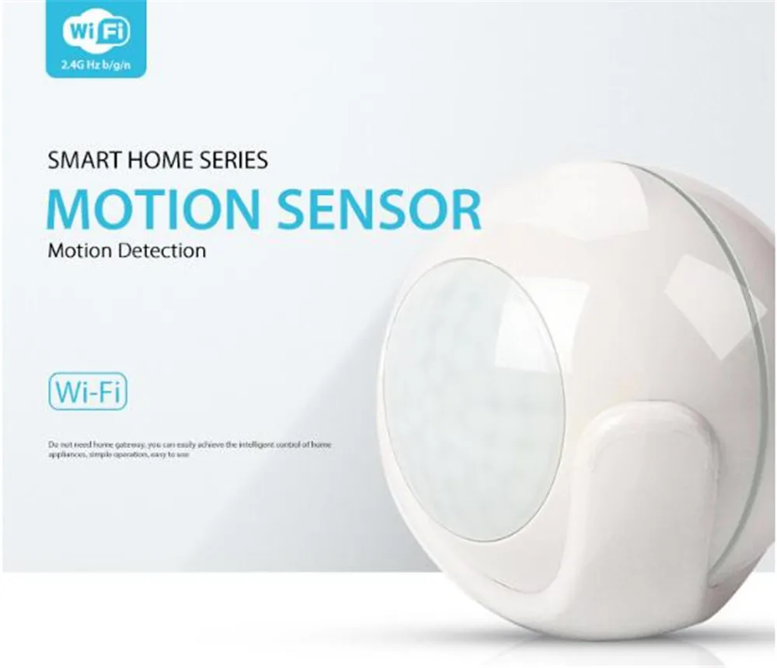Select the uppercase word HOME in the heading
coord(147,161)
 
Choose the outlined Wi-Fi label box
coord(86,391)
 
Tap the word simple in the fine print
coord(98,454)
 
